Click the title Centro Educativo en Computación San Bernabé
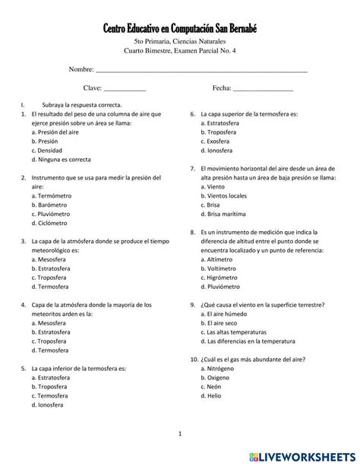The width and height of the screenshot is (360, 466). [180, 28]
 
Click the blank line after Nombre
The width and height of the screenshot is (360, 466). [201, 70]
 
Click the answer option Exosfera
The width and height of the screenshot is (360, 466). [219, 141]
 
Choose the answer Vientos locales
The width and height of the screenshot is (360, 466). [226, 195]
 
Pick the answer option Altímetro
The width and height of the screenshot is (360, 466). [219, 259]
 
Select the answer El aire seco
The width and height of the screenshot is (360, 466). [222, 323]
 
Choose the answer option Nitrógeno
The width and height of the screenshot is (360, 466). [221, 369]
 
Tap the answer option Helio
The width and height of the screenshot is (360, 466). [214, 396]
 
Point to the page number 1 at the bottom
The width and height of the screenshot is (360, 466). [180, 434]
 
